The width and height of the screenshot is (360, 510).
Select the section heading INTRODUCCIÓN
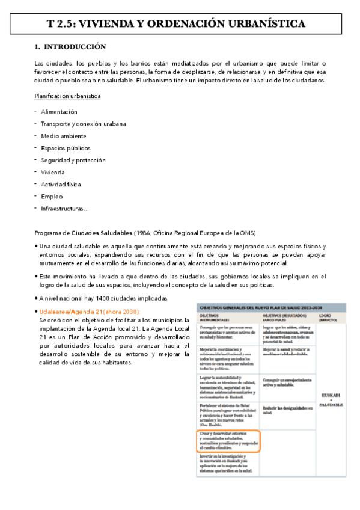point(75,46)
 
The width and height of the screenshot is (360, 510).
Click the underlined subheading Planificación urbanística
point(67,96)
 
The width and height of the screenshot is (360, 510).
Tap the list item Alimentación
point(59,112)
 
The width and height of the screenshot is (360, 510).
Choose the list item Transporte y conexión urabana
point(84,124)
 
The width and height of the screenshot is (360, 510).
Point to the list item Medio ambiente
point(64,136)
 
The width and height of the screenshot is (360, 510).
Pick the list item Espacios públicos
point(66,148)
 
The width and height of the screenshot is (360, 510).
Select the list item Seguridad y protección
point(73,160)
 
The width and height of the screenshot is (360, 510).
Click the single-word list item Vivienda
point(52,172)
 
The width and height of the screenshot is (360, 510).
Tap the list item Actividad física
point(61,184)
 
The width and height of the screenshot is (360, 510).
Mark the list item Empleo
point(52,196)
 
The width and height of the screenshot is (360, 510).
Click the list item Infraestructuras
point(64,209)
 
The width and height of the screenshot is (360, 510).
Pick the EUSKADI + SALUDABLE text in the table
point(331,399)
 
